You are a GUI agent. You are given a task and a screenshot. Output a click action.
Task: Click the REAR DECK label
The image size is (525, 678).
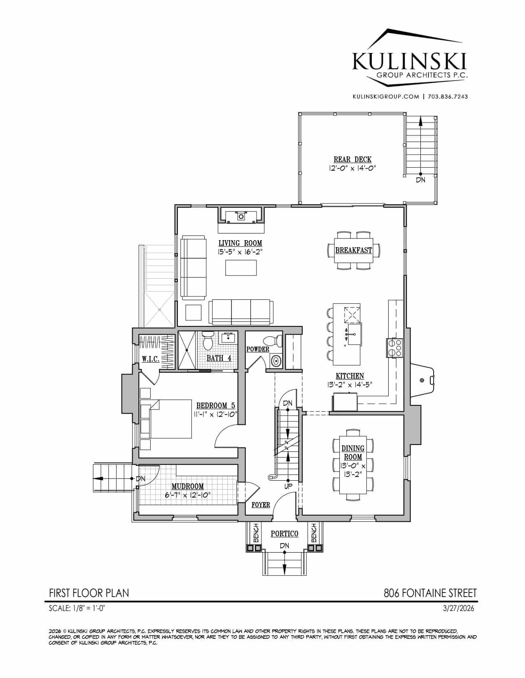[352, 160]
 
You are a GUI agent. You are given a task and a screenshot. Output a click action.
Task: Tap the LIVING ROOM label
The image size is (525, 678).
[240, 243]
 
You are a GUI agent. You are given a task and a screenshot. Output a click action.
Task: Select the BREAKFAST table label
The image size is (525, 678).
[354, 250]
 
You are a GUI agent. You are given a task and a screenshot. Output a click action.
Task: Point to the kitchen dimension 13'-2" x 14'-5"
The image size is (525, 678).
[350, 384]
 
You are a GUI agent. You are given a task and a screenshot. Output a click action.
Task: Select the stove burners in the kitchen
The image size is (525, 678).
[395, 348]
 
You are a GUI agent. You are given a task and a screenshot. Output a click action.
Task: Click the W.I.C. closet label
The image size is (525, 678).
[151, 359]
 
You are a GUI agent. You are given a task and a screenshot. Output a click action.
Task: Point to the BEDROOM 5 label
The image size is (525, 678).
[215, 406]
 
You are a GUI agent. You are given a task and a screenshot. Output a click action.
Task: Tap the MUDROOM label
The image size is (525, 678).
[187, 486]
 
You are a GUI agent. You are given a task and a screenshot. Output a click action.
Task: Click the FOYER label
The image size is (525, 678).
[261, 504]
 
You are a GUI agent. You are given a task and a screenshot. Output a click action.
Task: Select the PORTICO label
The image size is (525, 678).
[284, 534]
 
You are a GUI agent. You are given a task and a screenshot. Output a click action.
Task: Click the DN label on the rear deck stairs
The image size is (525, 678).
[420, 180]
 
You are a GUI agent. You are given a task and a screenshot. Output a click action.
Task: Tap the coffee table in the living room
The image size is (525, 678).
[241, 268]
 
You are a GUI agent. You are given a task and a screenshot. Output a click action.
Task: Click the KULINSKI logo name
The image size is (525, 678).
[409, 61]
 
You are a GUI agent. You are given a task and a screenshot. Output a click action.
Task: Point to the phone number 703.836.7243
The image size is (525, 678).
[448, 97]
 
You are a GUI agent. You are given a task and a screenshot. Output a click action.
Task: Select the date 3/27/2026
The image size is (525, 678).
[458, 609]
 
